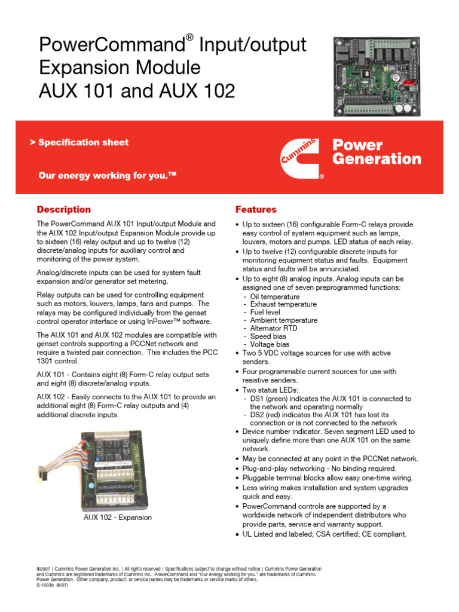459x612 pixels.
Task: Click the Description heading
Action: (x=64, y=210)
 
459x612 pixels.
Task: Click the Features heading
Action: (x=256, y=210)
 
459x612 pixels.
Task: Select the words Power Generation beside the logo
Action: (x=376, y=152)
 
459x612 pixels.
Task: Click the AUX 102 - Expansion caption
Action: (x=117, y=517)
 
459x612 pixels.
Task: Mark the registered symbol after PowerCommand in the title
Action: (x=189, y=38)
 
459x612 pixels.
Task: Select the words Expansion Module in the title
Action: (x=120, y=68)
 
